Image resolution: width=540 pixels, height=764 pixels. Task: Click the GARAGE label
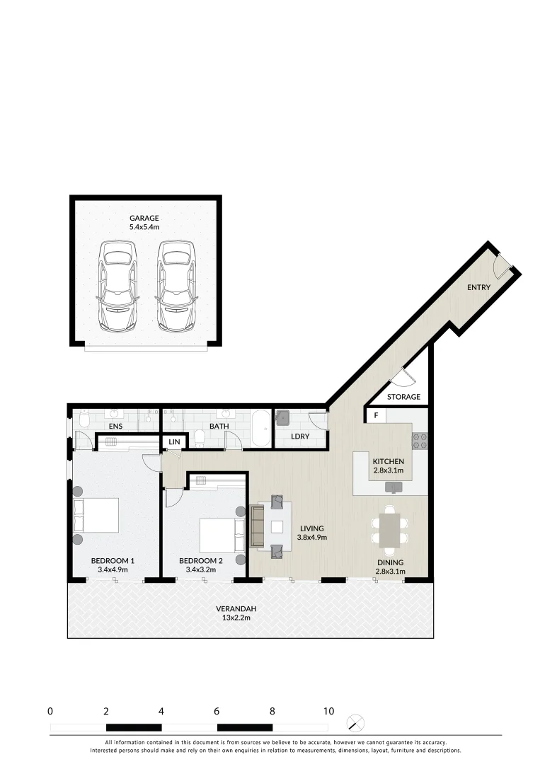tap(144, 218)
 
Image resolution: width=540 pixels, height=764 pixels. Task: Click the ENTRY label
tap(478, 287)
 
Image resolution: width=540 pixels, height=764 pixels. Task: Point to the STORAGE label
tap(403, 397)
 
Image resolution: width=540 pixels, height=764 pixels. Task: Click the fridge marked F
tap(376, 415)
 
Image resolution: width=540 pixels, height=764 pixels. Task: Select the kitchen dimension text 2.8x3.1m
tap(388, 470)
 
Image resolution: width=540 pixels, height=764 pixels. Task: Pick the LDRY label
tap(300, 436)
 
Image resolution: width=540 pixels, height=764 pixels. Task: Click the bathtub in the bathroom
tap(260, 428)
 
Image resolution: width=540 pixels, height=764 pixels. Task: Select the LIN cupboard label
tap(174, 442)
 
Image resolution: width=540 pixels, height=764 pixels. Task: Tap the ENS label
tap(116, 427)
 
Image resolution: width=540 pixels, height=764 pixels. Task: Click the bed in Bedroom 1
tap(97, 515)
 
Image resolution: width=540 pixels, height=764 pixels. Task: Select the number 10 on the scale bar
tap(328, 711)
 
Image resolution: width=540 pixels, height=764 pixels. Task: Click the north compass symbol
tap(357, 723)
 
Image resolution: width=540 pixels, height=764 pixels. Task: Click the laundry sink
tap(283, 416)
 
